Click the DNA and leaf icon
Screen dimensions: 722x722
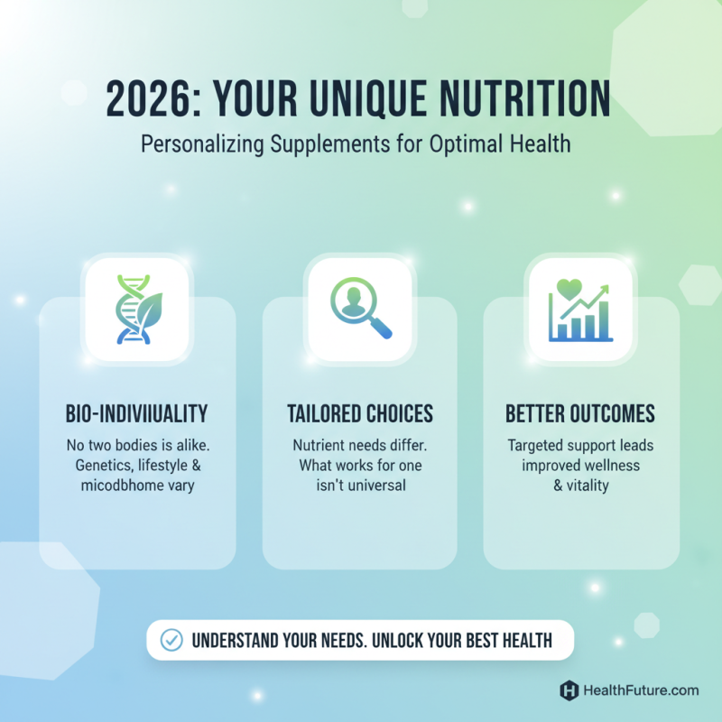pyautogui.click(x=136, y=310)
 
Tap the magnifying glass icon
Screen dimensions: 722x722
pyautogui.click(x=360, y=310)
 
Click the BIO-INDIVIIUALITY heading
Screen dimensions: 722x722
pyautogui.click(x=137, y=414)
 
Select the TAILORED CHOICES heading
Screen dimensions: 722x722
pyautogui.click(x=360, y=414)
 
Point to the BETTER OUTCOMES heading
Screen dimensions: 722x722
pyautogui.click(x=580, y=414)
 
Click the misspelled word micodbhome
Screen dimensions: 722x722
pyautogui.click(x=118, y=485)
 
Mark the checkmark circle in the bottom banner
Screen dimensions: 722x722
pyautogui.click(x=171, y=640)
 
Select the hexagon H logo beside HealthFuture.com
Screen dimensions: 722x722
pyautogui.click(x=569, y=690)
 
